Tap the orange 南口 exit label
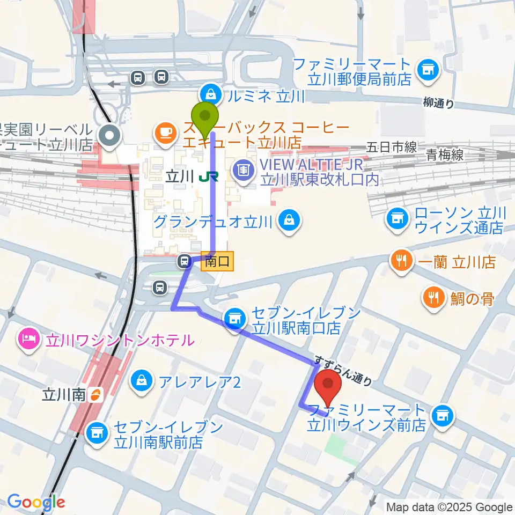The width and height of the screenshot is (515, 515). [x=217, y=262]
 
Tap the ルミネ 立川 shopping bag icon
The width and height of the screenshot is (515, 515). [x=212, y=95]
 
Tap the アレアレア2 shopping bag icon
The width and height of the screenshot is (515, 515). [x=142, y=381]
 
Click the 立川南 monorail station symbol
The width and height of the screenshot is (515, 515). [x=95, y=396]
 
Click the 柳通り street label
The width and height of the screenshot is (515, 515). [x=438, y=104]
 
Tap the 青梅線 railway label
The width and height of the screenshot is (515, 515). [x=445, y=155]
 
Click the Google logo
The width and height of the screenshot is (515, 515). [x=36, y=502]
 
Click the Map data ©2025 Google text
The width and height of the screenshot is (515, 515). [x=450, y=507]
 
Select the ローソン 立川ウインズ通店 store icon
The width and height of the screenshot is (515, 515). [x=397, y=219]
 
